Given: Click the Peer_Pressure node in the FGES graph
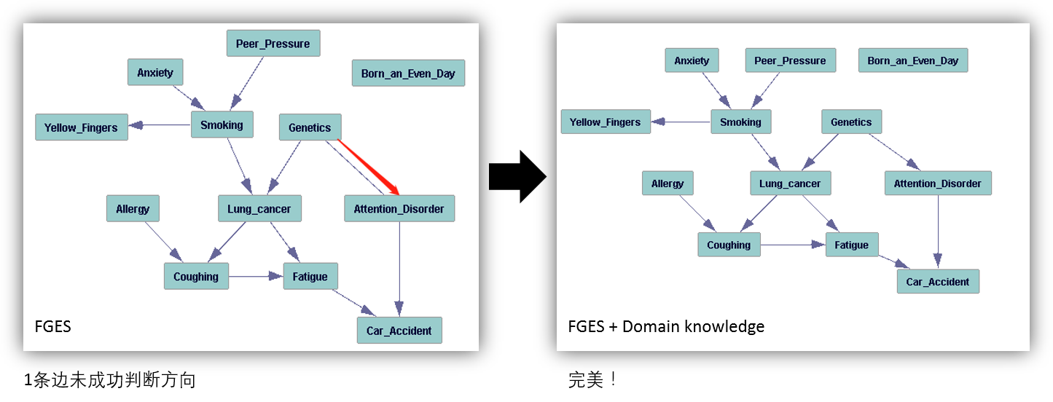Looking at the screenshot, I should click(x=273, y=44).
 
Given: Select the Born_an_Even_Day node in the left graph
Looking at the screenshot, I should click(x=408, y=74).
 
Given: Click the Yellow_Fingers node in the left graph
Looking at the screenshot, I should click(x=81, y=127).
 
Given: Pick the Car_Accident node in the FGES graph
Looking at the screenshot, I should click(x=399, y=331).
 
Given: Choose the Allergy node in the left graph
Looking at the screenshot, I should click(x=132, y=209).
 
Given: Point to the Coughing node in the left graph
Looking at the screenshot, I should click(x=196, y=277).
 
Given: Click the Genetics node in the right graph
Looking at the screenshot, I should click(x=851, y=122).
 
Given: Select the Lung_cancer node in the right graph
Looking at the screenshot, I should click(x=790, y=184).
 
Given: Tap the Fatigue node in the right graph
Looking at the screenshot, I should click(x=851, y=245).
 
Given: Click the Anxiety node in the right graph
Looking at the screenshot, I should click(x=692, y=60).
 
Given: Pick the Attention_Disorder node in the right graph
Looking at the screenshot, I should click(x=938, y=184).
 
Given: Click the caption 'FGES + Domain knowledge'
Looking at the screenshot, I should click(x=666, y=326).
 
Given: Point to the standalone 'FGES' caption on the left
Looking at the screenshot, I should click(x=53, y=326).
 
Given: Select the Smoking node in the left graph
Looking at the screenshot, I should click(x=222, y=125).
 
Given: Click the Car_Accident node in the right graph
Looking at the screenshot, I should click(x=938, y=281).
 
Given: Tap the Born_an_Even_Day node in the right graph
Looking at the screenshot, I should click(x=912, y=60).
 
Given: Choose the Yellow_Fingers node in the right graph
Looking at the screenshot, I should click(x=605, y=122).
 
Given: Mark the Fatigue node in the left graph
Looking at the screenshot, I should click(x=310, y=277).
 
